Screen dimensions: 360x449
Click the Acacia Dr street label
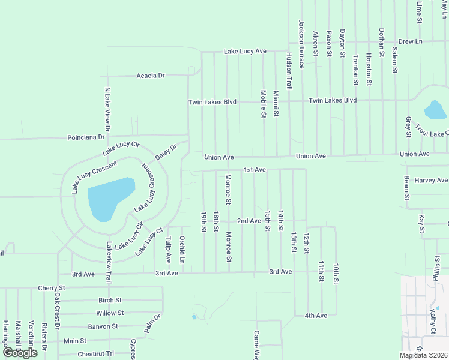click(151, 76)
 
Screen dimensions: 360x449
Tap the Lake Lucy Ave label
click(245, 52)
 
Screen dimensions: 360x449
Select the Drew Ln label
click(411, 41)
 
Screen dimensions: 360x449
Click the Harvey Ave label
click(431, 180)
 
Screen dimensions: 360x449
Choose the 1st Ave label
click(255, 170)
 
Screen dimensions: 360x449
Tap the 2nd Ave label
click(249, 221)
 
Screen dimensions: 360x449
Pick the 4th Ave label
click(315, 315)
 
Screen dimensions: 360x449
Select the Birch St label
click(110, 300)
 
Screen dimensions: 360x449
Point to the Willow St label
click(109, 313)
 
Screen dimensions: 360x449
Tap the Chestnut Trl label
click(95, 353)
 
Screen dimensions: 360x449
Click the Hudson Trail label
click(289, 71)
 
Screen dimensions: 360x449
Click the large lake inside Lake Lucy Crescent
click(109, 197)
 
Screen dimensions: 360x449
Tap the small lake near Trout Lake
click(435, 110)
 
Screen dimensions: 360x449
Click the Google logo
click(20, 353)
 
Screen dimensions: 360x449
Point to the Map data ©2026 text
click(424, 355)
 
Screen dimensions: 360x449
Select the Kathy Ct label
click(432, 322)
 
